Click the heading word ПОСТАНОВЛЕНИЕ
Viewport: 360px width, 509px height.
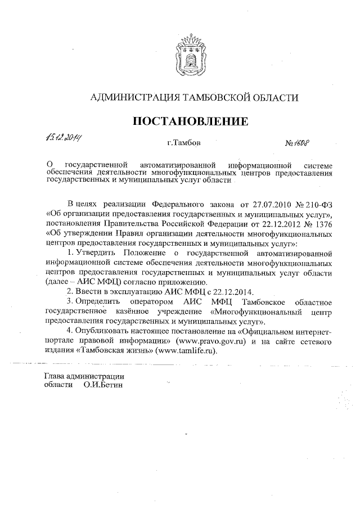tap(190, 121)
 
